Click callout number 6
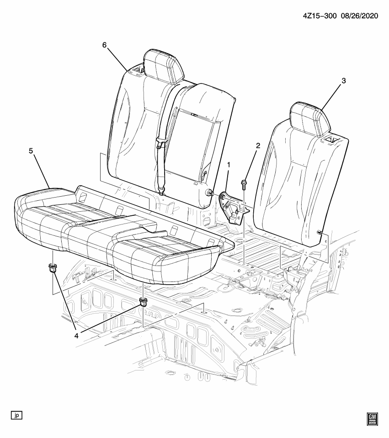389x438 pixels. tap(104, 45)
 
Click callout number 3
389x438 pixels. tap(343, 81)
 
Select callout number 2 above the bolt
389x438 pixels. tap(258, 146)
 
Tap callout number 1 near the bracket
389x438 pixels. tap(229, 165)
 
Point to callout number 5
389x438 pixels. tap(31, 151)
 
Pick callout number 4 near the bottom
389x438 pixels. tap(76, 336)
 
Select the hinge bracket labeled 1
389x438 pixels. tap(233, 207)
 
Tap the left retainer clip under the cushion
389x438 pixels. tap(53, 268)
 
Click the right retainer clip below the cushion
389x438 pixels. tap(143, 302)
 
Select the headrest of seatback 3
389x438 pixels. tap(310, 118)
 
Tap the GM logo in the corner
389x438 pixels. tap(373, 420)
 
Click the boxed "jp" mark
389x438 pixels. tap(16, 415)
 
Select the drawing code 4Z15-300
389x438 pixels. tap(318, 16)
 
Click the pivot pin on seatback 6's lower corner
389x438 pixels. tap(209, 192)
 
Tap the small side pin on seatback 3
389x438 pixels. tap(319, 232)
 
